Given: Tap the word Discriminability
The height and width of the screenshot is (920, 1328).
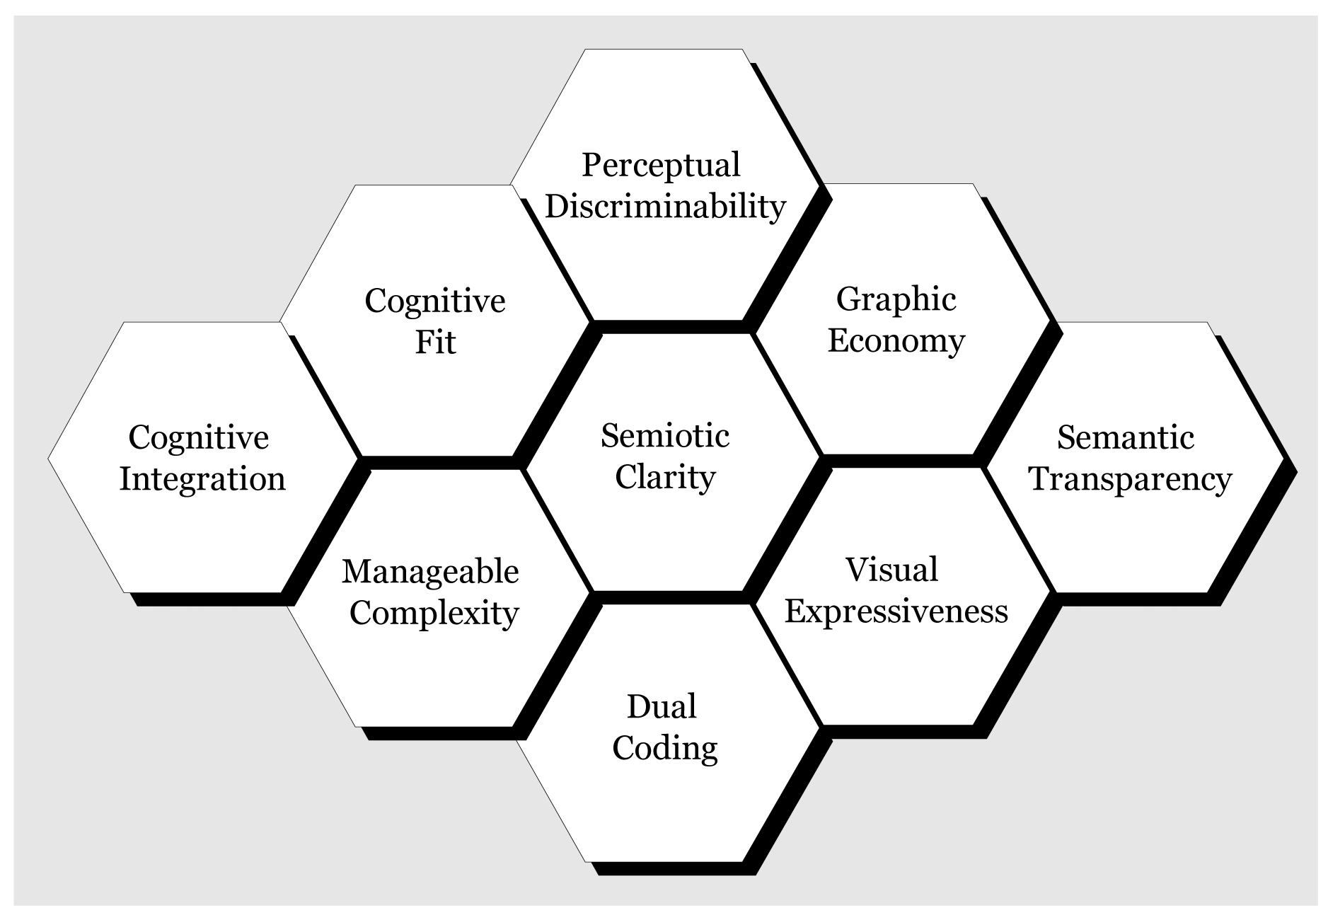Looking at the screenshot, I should pos(665,207).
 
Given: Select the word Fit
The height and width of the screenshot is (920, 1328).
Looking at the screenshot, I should pos(435,343).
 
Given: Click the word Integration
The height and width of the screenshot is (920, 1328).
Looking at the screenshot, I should pos(202,479).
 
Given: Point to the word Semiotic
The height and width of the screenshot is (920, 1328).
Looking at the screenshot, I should pos(665,435).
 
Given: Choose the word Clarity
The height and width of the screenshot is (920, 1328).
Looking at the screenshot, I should pos(665,477).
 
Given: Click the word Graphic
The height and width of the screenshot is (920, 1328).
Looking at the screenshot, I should pos(896,300).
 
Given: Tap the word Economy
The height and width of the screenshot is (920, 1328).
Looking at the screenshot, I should pos(896,341).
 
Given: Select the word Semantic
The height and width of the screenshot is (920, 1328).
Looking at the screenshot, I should pos(1125,437).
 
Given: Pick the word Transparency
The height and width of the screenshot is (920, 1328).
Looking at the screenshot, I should pos(1130,479).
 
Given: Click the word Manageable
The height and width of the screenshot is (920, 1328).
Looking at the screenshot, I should pos(430,572).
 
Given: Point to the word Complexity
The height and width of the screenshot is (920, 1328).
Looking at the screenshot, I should pos(434,613).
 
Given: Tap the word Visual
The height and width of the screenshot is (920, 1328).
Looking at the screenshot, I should pos(891,570).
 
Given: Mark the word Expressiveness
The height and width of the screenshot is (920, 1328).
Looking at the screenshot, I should pos(896,611).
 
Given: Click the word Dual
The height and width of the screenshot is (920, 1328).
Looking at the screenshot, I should pos(662,706).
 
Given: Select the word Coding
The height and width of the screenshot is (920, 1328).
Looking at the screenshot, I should pos(665,748).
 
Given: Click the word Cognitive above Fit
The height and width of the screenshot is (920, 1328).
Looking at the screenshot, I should pos(435,301).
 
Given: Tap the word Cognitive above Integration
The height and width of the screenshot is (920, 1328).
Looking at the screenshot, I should pos(199,437).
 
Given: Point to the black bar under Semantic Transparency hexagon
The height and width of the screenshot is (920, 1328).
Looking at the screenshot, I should pos(1139,599).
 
